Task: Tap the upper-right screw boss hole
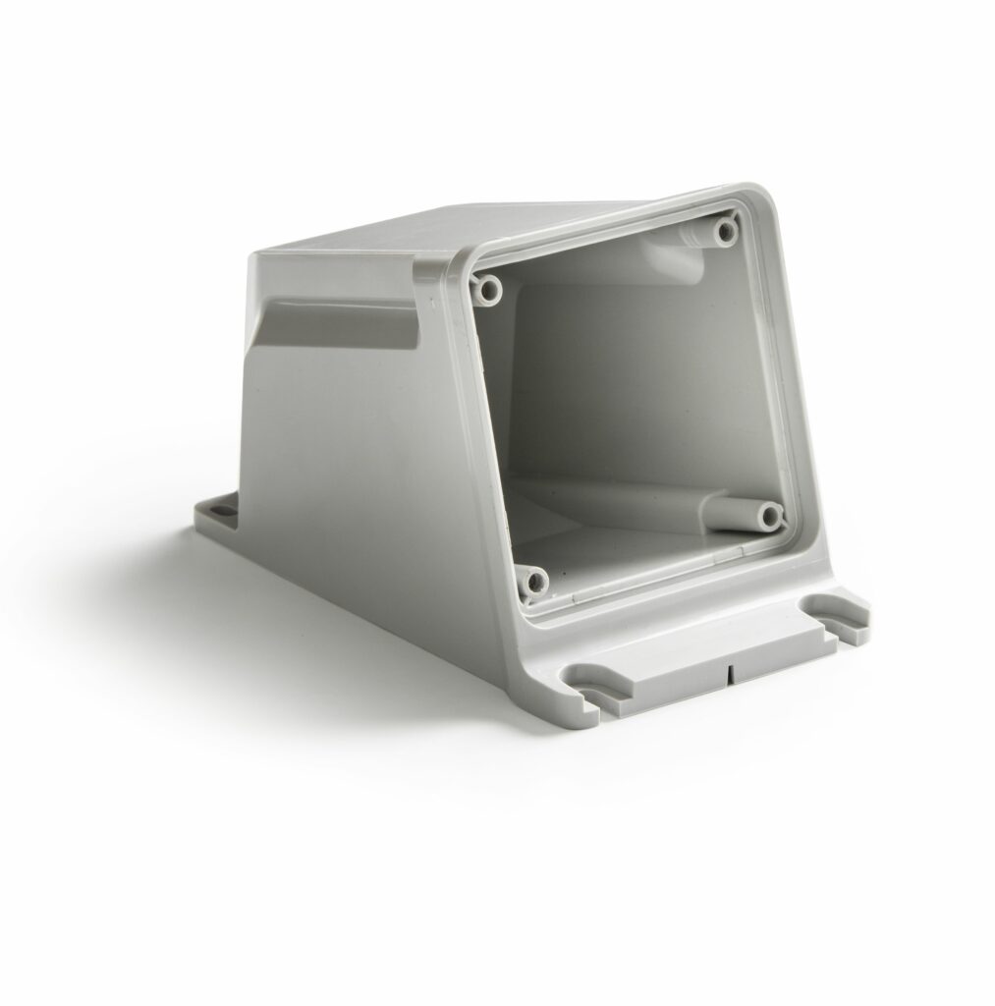(726, 232)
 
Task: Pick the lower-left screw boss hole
(534, 582)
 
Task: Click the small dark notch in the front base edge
(732, 676)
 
